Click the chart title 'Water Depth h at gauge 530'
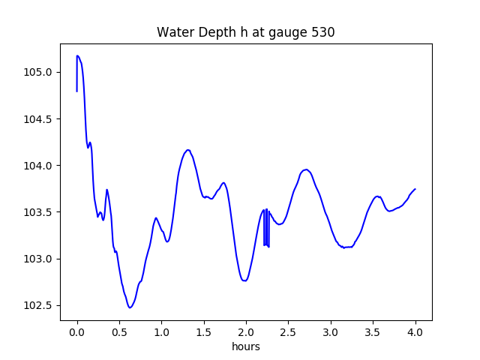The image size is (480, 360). point(245,32)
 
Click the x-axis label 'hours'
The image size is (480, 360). point(246,346)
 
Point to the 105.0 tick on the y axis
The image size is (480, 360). point(41,73)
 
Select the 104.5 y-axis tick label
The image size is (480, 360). point(41,119)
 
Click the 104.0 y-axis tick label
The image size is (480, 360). point(41,166)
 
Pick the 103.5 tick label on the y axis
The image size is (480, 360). point(41,212)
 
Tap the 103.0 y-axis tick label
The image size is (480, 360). point(41,259)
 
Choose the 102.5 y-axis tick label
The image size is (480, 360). point(41,305)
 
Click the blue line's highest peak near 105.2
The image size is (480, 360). point(77,55)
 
